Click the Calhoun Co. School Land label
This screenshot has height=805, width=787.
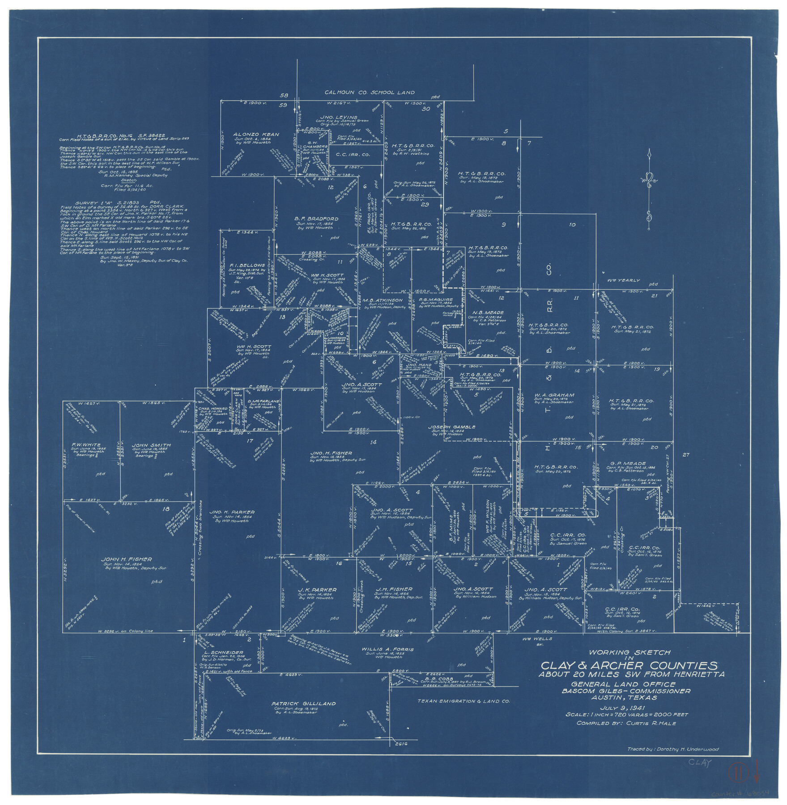tap(369, 93)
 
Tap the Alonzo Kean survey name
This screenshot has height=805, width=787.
tap(256, 134)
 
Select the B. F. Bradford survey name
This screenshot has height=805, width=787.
tap(316, 219)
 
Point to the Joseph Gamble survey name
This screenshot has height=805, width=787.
tap(452, 427)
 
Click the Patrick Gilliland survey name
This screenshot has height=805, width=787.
tap(303, 703)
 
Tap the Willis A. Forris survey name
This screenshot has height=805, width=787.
tap(387, 649)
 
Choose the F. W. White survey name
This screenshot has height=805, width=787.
tap(86, 445)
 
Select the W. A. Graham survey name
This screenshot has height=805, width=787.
tap(554, 395)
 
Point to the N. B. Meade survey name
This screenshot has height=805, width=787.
tap(488, 313)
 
